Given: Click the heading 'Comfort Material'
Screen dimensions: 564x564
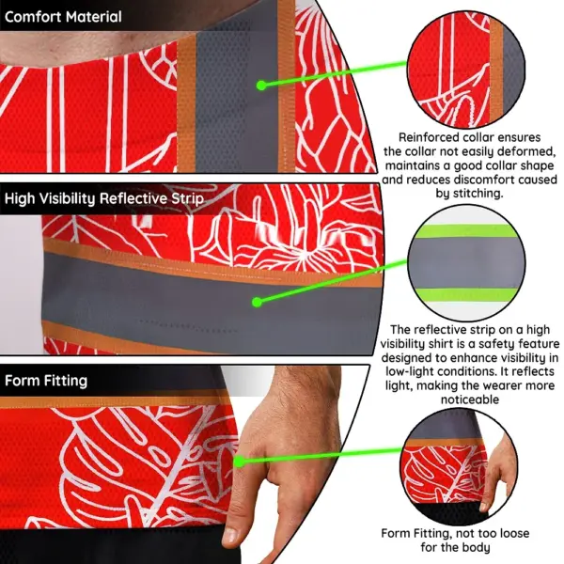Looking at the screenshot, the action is point(63,17).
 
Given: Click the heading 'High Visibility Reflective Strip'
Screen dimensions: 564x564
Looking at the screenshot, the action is point(104,198).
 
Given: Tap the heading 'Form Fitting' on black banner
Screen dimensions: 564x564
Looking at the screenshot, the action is point(46,381).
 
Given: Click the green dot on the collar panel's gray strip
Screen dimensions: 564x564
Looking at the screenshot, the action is point(261,86).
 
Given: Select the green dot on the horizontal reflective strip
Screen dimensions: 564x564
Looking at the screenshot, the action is point(257,302).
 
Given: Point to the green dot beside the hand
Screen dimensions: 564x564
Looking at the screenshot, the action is point(239,462).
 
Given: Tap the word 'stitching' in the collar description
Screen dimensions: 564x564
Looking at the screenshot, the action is point(478,194).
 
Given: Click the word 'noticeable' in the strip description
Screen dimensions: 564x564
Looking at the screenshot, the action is point(470,399).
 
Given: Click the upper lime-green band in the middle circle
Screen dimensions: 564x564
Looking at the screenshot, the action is point(466,231).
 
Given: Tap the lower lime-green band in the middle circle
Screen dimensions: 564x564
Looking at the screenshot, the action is point(466,294).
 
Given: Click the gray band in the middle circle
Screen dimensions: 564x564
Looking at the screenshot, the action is point(466,262).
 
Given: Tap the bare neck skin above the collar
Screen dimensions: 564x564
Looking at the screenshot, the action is point(90,47).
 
